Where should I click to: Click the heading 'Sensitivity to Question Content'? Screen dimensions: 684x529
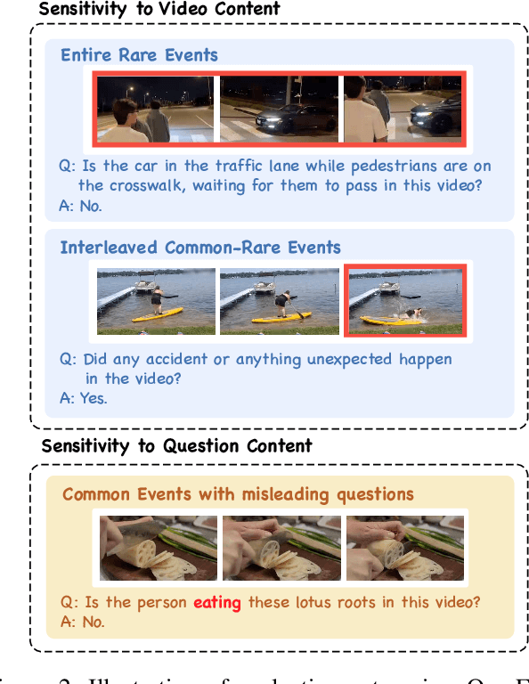[x=176, y=445]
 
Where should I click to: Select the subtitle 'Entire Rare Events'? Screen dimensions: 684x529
[x=139, y=55]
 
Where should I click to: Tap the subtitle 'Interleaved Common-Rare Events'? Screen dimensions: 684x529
[x=200, y=247]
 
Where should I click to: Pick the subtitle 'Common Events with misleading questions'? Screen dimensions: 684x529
[x=238, y=493]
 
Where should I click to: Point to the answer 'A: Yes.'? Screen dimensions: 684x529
[x=84, y=398]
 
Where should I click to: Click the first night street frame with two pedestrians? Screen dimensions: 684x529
[x=156, y=109]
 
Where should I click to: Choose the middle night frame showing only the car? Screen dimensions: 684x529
[x=279, y=109]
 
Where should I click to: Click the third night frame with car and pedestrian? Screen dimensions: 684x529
[x=402, y=109]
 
